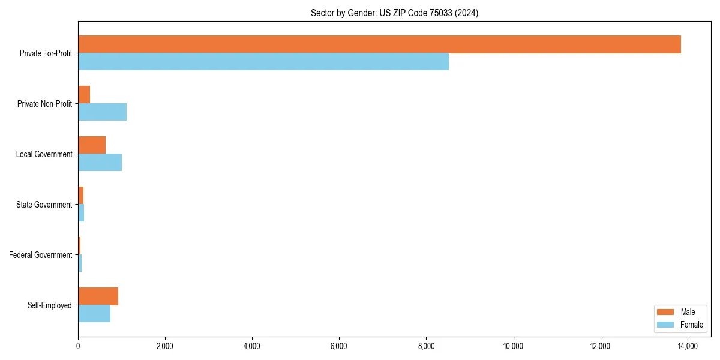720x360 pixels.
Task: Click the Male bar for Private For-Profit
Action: point(379,44)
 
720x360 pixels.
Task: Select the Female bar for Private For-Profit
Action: point(263,62)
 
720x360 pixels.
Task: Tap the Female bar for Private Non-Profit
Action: point(102,112)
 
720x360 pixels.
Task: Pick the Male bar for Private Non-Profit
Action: point(84,95)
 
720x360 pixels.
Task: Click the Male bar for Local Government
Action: point(92,145)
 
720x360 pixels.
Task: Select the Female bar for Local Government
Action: point(100,163)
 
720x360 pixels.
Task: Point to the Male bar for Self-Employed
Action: point(98,296)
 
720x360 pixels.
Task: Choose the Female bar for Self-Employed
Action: point(94,314)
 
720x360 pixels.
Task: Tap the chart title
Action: point(394,13)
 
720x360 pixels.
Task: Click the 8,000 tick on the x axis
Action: point(426,346)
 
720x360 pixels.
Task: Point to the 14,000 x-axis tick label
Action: point(687,346)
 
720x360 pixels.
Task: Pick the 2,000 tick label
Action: point(165,346)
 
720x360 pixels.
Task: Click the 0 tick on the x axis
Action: point(78,346)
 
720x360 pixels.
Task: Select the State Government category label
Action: point(44,205)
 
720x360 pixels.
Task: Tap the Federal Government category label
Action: point(40,255)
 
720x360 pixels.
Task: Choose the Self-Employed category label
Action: point(49,305)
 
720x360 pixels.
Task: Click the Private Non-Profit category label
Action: point(44,104)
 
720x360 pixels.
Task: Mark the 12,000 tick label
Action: point(600,346)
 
